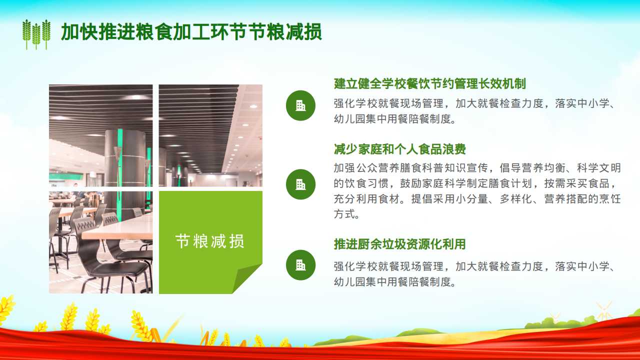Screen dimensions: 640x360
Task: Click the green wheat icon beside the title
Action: coord(36,34)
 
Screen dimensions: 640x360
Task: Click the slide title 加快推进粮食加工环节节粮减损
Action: coord(191,31)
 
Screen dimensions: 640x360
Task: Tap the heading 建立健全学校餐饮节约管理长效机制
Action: coord(429,83)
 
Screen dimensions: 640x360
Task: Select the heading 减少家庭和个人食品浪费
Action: coord(399,149)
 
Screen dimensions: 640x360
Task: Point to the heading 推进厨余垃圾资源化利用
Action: coord(399,244)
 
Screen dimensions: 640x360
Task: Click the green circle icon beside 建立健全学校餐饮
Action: coord(300,105)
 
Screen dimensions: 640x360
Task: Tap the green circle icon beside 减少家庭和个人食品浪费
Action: coord(300,184)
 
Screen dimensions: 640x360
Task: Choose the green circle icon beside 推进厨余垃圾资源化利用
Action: coord(300,265)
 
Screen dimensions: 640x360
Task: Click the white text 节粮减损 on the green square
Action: coord(210,241)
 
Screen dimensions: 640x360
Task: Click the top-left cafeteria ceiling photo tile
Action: coord(100,135)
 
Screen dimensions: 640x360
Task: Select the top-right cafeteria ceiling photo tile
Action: coord(210,135)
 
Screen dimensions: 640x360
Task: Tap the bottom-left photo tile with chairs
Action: coord(100,242)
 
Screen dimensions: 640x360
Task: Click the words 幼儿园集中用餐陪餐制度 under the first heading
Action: coord(394,119)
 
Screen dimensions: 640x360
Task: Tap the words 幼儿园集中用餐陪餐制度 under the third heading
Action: coord(394,281)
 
